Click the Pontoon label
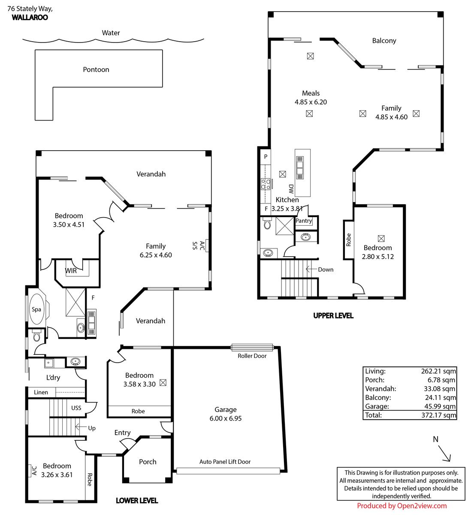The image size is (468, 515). coord(96,70)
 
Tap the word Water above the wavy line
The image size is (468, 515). coord(111,33)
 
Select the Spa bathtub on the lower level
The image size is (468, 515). coord(36,309)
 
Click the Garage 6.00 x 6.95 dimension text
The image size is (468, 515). coord(225,418)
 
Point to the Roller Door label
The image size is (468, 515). coord(252,356)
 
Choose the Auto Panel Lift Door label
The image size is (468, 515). coord(225,462)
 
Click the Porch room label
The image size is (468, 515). coord(148,462)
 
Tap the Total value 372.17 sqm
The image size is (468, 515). coord(438,415)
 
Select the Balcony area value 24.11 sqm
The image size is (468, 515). coord(440,398)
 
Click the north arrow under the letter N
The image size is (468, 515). coord(444,453)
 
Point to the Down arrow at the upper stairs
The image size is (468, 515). coord(311,269)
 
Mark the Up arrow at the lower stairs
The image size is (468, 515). coord(81,427)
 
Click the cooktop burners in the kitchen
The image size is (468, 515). coord(266,184)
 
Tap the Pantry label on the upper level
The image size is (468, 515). coord(304,221)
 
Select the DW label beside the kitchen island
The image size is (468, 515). coord(291,189)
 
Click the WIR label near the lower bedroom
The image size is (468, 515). coord(71,271)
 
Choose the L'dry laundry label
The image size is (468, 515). coord(53,377)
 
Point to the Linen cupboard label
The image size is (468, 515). coord(41,392)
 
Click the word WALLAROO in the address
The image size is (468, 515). coord(30,18)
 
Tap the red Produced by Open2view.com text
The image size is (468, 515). coord(402,506)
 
